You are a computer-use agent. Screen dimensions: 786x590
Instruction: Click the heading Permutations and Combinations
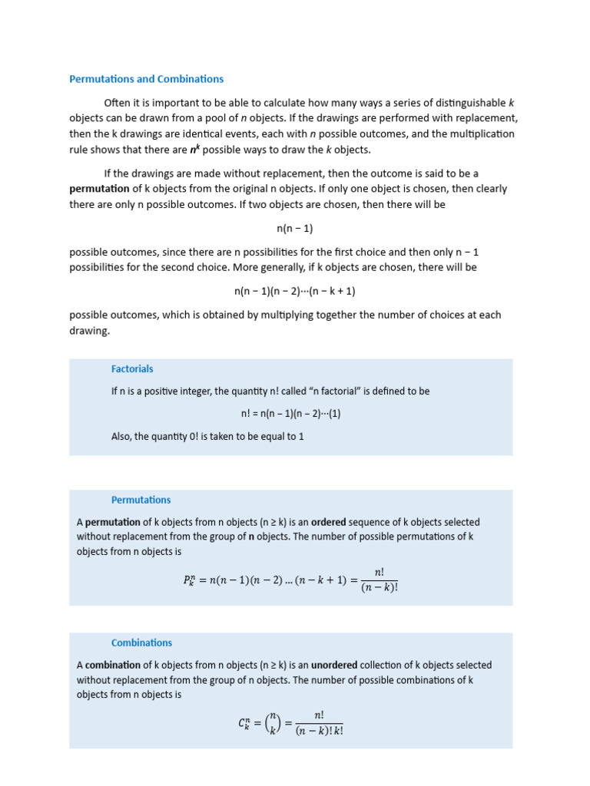tap(146, 79)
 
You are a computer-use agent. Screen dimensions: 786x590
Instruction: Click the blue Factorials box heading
tap(132, 369)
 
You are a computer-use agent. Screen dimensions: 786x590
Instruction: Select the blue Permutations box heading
tap(141, 500)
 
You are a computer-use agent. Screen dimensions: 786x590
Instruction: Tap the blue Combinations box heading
tap(141, 643)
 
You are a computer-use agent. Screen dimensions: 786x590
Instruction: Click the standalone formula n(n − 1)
tap(295, 229)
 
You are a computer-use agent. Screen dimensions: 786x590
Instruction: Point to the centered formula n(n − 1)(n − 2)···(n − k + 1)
tap(295, 292)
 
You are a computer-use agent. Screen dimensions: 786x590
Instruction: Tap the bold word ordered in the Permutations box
tap(328, 522)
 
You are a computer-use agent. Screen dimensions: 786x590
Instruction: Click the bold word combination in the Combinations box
tap(113, 665)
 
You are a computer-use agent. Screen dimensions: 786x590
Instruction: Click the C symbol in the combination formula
tap(244, 723)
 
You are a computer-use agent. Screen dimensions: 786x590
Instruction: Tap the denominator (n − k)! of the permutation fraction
tap(380, 589)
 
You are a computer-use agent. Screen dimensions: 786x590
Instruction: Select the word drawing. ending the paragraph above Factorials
tap(90, 331)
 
